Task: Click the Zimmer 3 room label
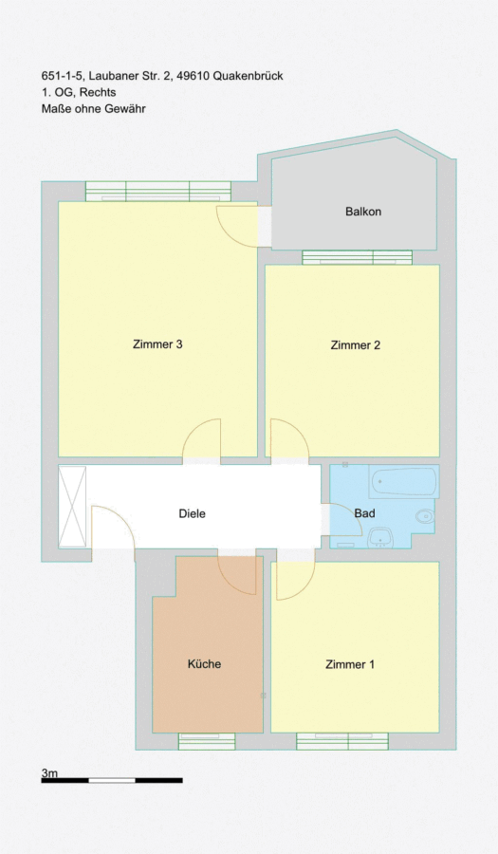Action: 157,344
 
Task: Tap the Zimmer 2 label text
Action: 356,344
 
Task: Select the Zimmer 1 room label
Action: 350,664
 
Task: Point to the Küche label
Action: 204,664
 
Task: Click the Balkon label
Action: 363,212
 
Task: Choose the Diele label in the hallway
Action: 193,513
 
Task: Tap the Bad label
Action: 364,513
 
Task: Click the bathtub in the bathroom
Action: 403,481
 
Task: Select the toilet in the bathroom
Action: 425,515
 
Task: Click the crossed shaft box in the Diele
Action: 72,506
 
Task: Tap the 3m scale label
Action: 49,772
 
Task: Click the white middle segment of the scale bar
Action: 112,781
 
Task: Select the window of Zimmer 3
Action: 158,191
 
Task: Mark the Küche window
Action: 207,741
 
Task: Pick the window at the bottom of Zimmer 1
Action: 342,741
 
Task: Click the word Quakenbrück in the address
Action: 248,76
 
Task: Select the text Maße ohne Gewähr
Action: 94,108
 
